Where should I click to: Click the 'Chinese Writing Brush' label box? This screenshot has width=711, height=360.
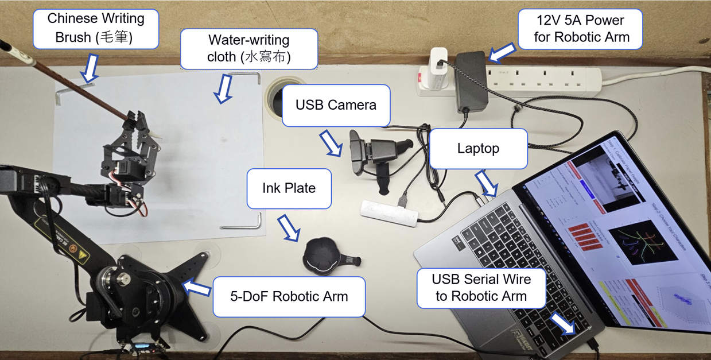96,28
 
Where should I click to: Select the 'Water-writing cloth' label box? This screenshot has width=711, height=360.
248,49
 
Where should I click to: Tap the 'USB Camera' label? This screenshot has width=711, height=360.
336,106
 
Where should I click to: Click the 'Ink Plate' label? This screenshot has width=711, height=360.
289,188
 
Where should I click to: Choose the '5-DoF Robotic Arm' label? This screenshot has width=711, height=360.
289,297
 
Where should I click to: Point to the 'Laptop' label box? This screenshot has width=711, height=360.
478,149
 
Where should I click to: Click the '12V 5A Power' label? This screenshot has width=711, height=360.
580,29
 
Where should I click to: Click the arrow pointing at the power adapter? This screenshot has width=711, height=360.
502,53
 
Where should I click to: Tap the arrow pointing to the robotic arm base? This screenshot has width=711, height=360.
196,288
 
